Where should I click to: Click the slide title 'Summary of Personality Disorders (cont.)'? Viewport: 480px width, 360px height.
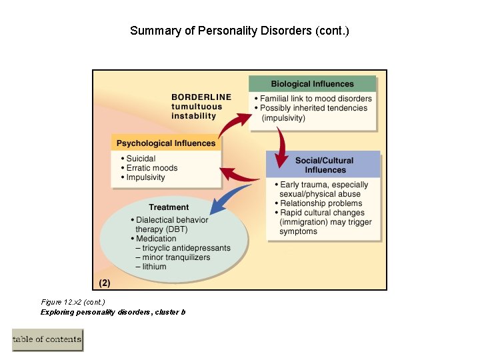tap(239, 31)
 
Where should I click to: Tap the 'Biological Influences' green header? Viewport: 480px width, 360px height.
tap(312, 84)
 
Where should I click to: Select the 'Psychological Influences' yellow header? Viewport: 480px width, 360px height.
tap(166, 143)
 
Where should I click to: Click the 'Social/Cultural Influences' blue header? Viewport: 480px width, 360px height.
tap(324, 165)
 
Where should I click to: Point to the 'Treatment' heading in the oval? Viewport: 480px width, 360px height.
tap(169, 207)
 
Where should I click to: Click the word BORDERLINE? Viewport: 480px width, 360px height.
tap(201, 97)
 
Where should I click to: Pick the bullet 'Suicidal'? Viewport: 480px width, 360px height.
tap(141, 159)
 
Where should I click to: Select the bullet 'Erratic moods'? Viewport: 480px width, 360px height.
tap(151, 168)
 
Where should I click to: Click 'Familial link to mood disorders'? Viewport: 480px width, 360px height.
tap(315, 99)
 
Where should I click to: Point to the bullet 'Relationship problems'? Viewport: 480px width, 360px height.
tap(321, 203)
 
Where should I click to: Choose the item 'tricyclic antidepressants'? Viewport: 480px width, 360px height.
tap(186, 248)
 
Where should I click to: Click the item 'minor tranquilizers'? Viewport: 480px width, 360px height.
tap(176, 257)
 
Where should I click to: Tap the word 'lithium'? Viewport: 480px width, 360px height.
tap(154, 267)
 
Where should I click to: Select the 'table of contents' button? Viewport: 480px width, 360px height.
tap(47, 339)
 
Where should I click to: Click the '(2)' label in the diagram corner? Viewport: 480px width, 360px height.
tap(105, 283)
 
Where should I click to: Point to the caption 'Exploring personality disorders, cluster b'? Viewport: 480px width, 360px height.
tap(113, 312)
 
